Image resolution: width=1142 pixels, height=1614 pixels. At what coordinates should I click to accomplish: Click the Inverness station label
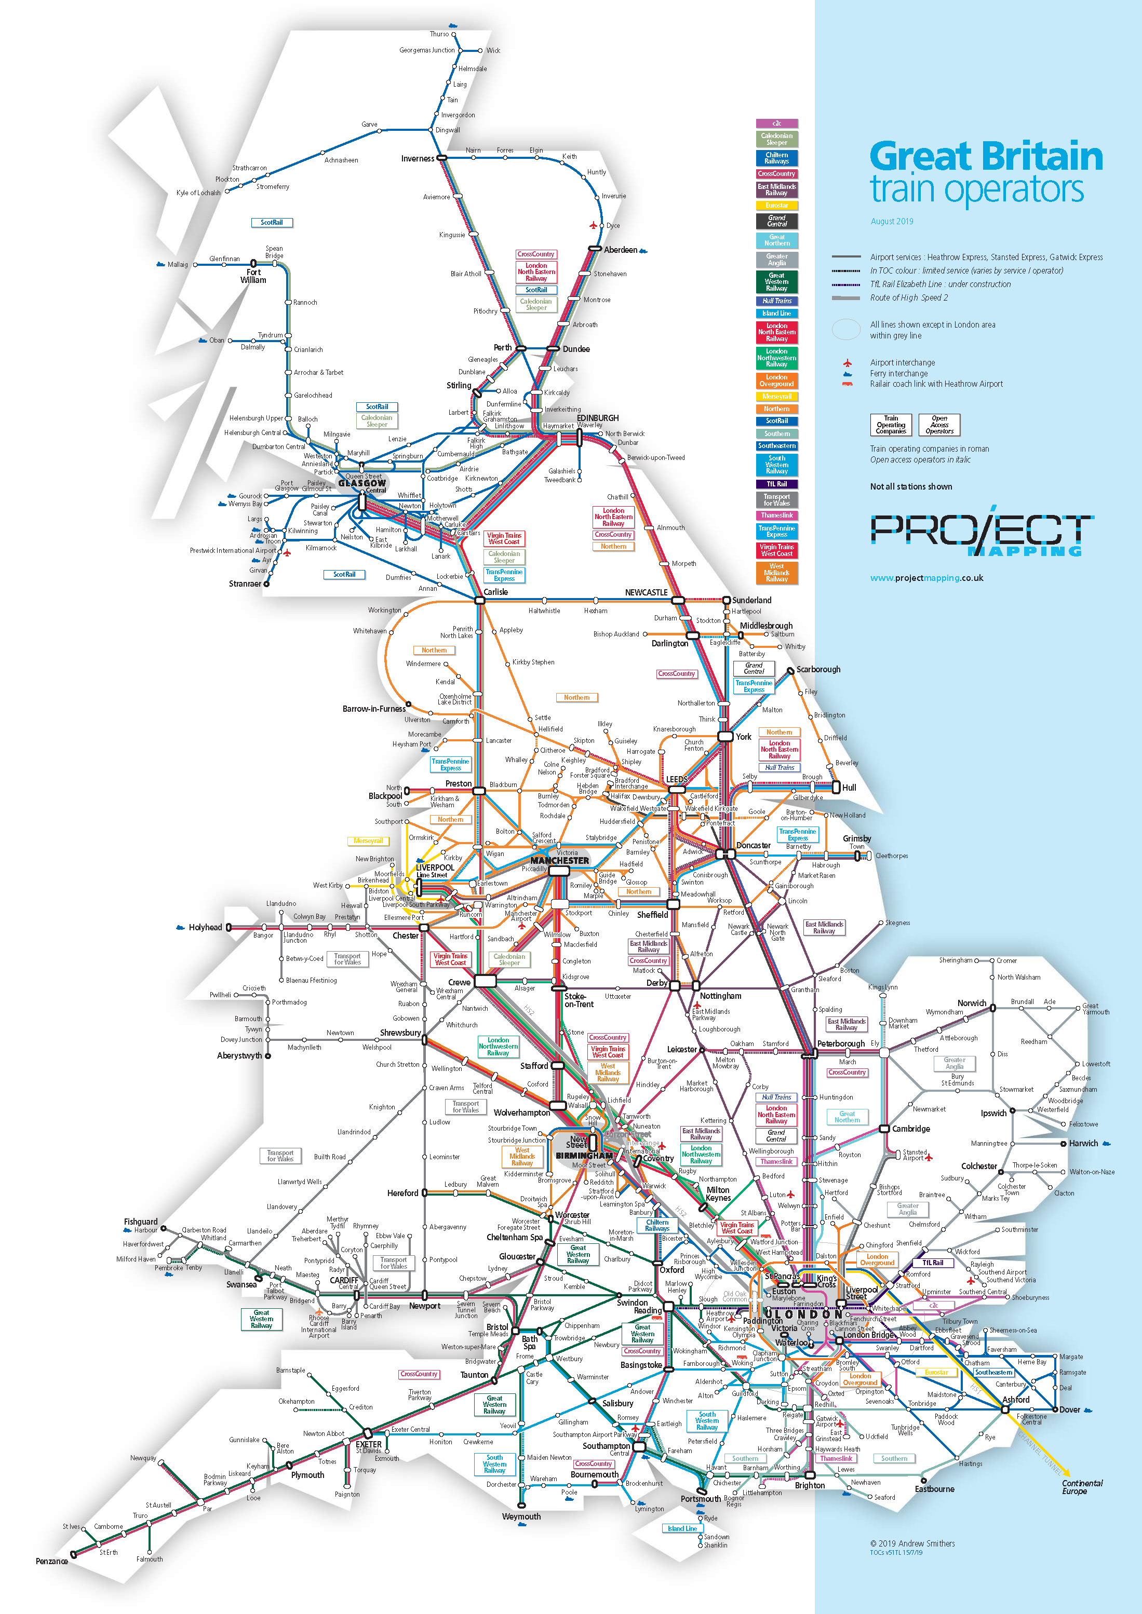pos(417,159)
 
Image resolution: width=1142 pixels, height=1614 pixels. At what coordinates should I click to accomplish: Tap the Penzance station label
pos(51,1561)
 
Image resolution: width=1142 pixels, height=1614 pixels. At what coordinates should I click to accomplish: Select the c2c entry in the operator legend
pos(776,123)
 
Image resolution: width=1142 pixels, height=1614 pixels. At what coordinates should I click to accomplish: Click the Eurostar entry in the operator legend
pos(776,205)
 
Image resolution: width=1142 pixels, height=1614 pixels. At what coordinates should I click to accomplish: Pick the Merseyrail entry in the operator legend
pos(776,397)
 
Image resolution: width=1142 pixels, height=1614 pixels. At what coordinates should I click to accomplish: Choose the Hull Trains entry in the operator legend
pos(776,301)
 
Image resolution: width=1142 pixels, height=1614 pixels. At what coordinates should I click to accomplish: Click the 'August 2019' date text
pos(892,222)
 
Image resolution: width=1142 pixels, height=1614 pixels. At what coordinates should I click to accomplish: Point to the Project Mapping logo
pos(980,532)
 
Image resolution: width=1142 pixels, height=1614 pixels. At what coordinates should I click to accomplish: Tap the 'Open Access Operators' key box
pos(939,425)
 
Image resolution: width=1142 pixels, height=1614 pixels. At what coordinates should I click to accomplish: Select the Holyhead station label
pos(205,927)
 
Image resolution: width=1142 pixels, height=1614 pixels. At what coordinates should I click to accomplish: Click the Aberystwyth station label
pos(239,1056)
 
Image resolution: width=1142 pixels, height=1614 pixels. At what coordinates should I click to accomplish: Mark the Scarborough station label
pos(818,669)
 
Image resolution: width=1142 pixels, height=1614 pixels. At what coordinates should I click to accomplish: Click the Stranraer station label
pos(245,584)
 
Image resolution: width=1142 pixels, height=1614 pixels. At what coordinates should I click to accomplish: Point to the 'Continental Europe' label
pos(1082,1487)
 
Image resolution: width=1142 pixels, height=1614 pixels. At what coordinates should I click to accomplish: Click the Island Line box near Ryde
pos(681,1528)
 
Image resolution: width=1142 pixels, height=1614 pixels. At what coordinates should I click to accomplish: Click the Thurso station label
pos(439,34)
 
